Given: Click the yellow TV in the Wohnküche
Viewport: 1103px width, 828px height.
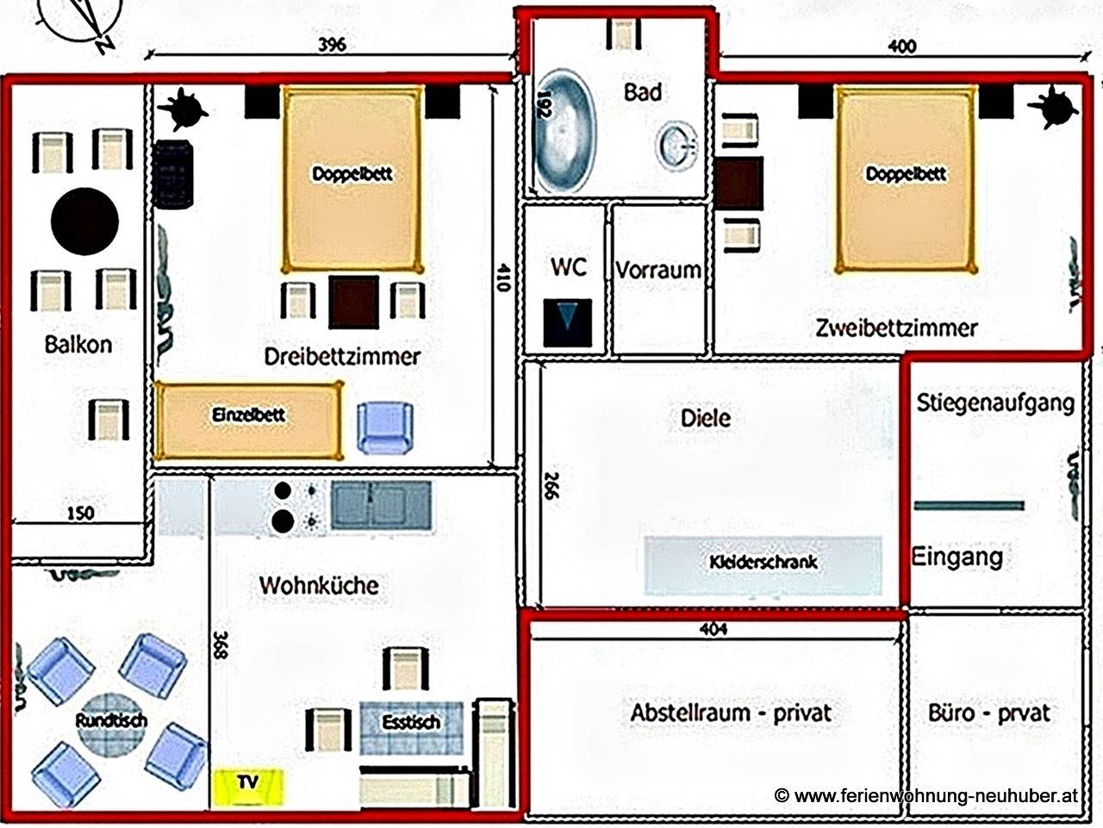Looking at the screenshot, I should pyautogui.click(x=248, y=783).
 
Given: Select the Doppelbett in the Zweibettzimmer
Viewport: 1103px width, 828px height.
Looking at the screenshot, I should pyautogui.click(x=906, y=179).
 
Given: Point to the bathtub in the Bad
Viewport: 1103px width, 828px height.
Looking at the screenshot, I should pyautogui.click(x=565, y=133).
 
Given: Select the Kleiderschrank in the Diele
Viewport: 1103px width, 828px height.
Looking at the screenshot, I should pyautogui.click(x=763, y=563).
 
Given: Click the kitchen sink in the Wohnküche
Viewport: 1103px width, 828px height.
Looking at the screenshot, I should pyautogui.click(x=381, y=505).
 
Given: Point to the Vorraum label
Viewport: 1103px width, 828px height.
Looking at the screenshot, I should pyautogui.click(x=657, y=270).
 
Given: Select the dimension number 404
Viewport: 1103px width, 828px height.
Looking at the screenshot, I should pyautogui.click(x=714, y=629).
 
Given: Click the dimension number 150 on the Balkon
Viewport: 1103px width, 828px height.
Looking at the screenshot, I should pyautogui.click(x=80, y=514).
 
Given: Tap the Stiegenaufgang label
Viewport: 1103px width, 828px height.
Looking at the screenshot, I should pyautogui.click(x=995, y=402).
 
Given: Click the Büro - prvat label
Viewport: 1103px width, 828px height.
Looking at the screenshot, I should pyautogui.click(x=989, y=713).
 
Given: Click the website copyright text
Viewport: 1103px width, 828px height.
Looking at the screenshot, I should pyautogui.click(x=926, y=797).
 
